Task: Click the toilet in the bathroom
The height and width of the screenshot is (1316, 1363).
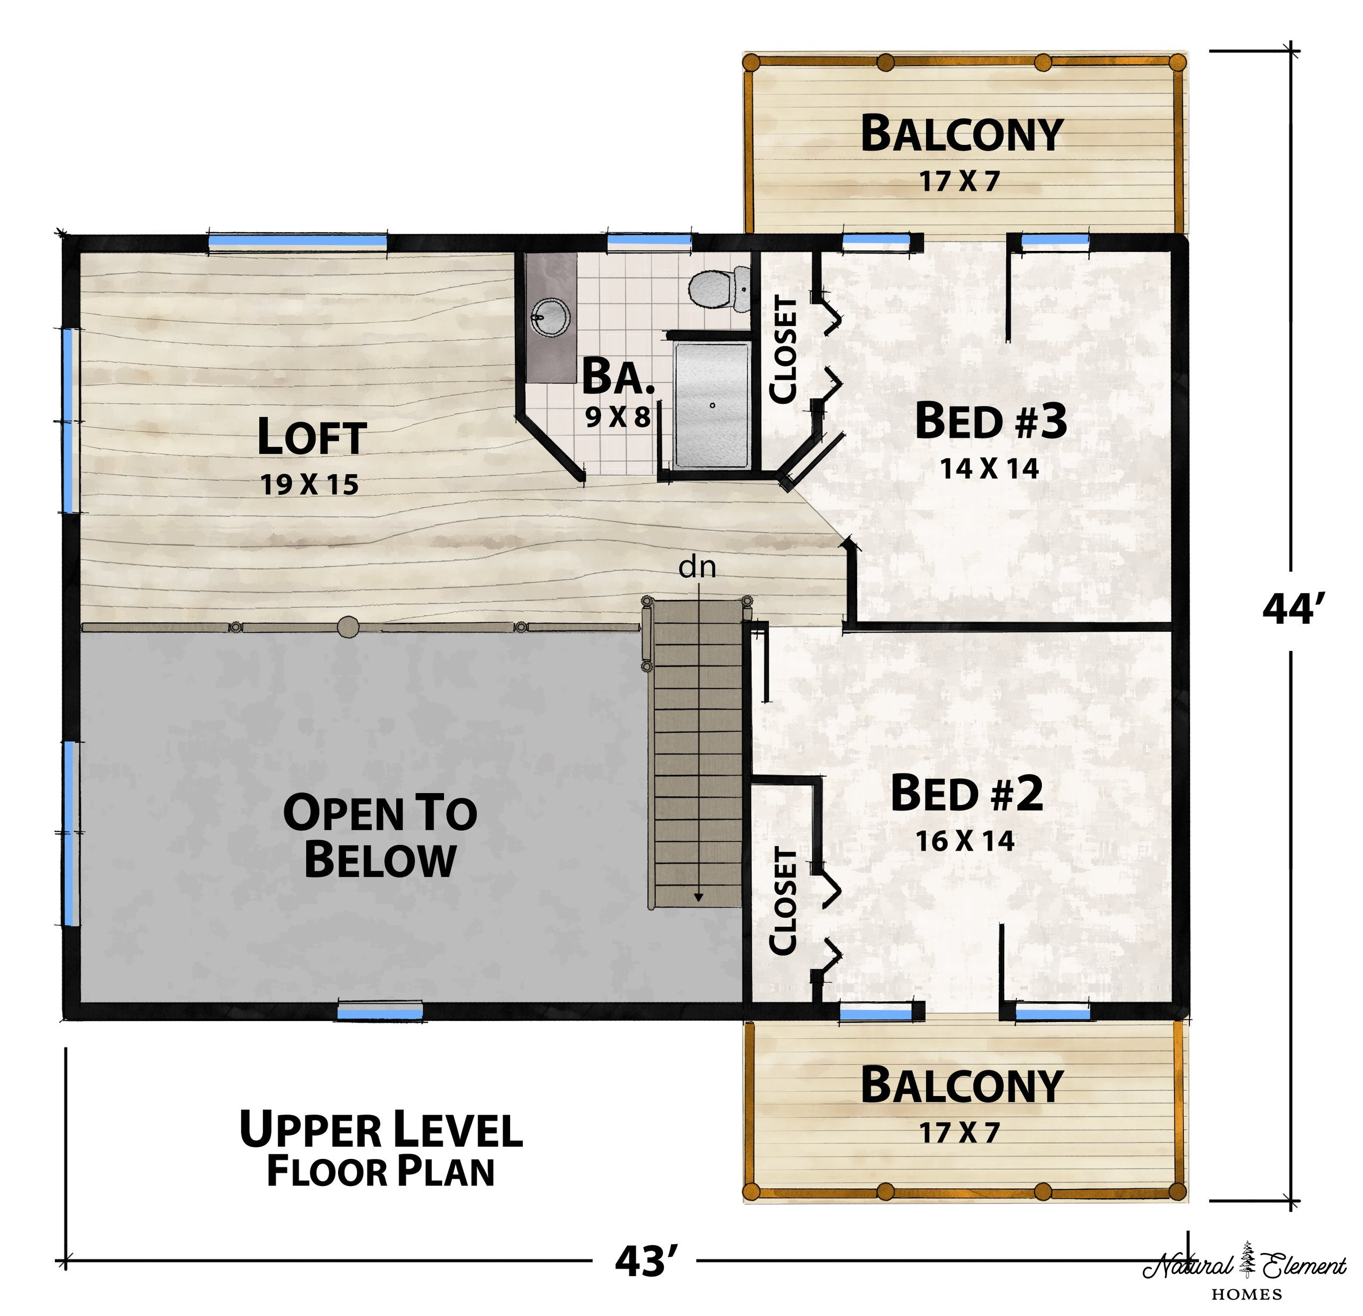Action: [x=719, y=288]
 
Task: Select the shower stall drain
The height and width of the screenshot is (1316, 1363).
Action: [x=712, y=405]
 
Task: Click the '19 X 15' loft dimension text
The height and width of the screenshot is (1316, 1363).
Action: [x=309, y=484]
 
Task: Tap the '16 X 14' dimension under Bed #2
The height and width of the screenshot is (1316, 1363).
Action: [x=965, y=841]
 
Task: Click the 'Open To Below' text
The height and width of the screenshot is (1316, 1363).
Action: [x=380, y=836]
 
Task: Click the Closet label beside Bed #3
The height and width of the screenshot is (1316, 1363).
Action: [x=783, y=349]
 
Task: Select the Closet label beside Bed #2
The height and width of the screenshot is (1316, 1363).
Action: [x=783, y=901]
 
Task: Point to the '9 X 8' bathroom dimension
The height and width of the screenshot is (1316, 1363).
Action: [x=618, y=416]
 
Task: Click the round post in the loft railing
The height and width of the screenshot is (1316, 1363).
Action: [x=348, y=627]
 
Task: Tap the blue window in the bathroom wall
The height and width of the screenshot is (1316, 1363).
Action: [x=650, y=242]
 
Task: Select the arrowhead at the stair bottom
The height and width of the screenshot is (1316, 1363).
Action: [x=698, y=898]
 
